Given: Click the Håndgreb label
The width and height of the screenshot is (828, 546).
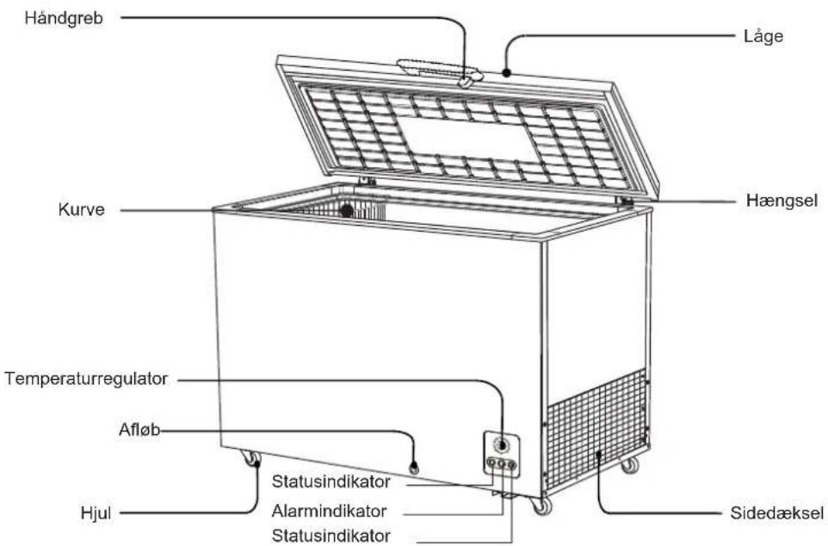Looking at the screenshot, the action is click(x=64, y=18).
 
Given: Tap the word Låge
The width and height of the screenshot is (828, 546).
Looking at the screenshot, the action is click(x=763, y=37).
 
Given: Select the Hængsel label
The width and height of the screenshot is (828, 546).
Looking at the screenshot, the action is click(x=782, y=201).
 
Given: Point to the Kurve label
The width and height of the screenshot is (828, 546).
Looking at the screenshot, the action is click(x=81, y=210).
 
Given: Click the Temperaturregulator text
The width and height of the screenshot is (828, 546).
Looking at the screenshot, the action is click(x=86, y=379).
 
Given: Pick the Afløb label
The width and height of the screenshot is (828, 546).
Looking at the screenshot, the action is click(x=139, y=430).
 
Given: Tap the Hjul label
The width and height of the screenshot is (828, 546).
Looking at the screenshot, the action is click(x=96, y=513).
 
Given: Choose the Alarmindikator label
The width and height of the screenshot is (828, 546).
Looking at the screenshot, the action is click(x=329, y=511).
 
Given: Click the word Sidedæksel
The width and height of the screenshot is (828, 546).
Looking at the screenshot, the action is click(x=776, y=513).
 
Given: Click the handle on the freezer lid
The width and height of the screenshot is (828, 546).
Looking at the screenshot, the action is click(x=440, y=71).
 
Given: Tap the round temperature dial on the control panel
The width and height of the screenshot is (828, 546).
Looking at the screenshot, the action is click(x=501, y=445).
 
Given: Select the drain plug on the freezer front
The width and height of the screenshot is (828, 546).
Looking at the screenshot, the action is click(x=414, y=468).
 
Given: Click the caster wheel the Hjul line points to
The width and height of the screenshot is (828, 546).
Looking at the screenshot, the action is click(x=251, y=458).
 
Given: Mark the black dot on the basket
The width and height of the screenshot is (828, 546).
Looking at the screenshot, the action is click(x=346, y=211).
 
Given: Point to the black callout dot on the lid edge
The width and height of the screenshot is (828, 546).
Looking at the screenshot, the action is click(x=506, y=73).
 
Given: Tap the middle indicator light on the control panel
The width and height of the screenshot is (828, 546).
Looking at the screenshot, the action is click(x=502, y=464).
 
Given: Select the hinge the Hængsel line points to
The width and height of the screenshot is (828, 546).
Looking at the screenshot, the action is click(x=626, y=202).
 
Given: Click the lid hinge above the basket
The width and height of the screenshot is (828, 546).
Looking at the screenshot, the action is click(x=367, y=182).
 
